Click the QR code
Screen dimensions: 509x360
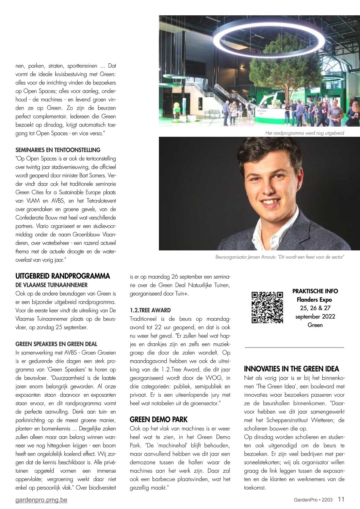click(x=267, y=307)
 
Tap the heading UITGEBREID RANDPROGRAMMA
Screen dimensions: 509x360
click(x=63, y=276)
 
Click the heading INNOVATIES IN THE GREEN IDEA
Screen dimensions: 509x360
click(x=292, y=369)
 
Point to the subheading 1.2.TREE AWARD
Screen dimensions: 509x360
click(x=150, y=310)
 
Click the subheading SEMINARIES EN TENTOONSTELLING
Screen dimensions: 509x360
click(x=58, y=150)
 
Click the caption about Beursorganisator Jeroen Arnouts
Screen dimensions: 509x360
click(x=280, y=257)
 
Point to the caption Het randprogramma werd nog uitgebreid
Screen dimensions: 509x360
click(x=305, y=133)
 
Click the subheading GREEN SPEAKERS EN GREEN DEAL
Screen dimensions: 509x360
click(x=56, y=344)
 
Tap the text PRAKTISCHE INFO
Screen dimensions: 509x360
click(x=315, y=291)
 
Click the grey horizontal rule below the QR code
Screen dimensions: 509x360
click(x=295, y=347)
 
